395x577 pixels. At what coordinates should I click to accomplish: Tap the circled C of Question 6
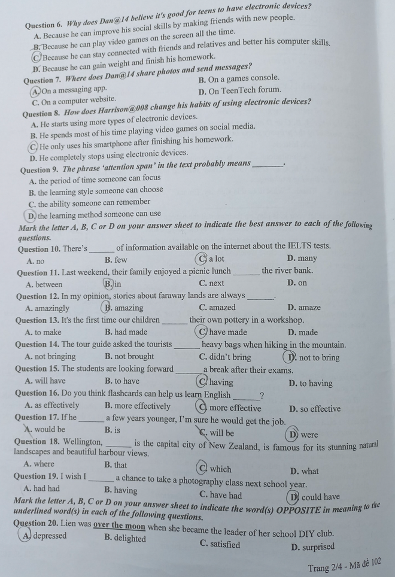coord(38,57)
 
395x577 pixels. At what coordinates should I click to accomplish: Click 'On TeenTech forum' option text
coord(239,91)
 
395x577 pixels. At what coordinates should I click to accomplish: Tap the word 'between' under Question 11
coord(48,284)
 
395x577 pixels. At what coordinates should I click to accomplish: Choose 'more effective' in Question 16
coord(235,408)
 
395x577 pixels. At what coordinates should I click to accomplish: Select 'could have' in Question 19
coord(321,496)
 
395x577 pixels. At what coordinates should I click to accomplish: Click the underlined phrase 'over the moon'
coord(120,526)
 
